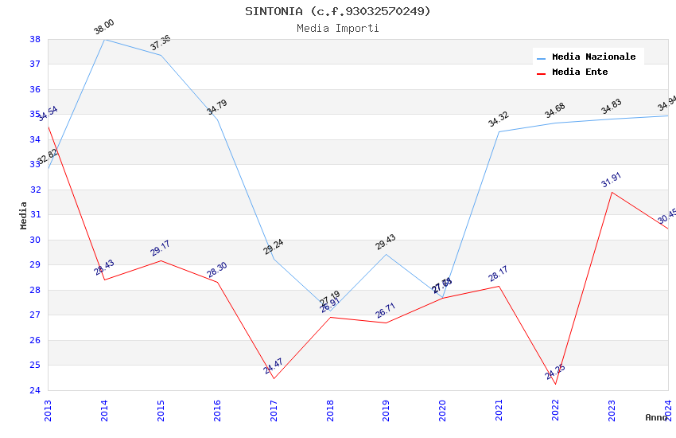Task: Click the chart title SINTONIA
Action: [x=337, y=11]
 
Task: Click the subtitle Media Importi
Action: [x=337, y=28]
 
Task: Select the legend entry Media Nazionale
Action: [x=593, y=57]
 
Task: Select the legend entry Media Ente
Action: [x=579, y=72]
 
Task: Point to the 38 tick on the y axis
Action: [x=35, y=39]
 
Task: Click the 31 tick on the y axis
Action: [x=35, y=215]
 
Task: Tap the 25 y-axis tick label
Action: [x=35, y=366]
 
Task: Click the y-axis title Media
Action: [x=24, y=215]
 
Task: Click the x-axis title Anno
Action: [x=656, y=417]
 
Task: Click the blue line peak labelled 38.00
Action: [x=104, y=39]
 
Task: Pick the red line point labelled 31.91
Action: [x=612, y=192]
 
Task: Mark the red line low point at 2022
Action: [x=555, y=384]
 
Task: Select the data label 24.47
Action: [x=274, y=366]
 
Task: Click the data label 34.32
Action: [x=499, y=119]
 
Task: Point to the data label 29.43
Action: [x=386, y=242]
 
